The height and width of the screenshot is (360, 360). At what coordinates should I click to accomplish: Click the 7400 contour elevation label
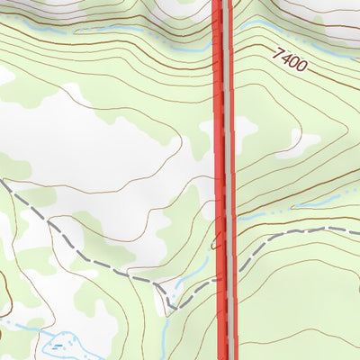[x=292, y=60]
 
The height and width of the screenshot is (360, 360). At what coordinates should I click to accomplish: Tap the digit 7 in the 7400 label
[x=279, y=54]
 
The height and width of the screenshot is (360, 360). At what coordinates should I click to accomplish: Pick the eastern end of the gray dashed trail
[x=356, y=231]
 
